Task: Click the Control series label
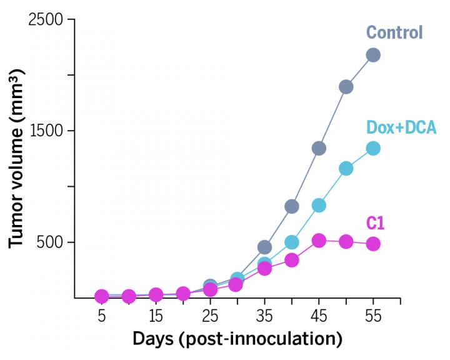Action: click(394, 32)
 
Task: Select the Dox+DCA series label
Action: click(401, 128)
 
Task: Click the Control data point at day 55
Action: click(373, 55)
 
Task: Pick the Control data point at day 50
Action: click(346, 87)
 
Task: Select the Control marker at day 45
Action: click(319, 148)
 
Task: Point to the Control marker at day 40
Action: click(291, 206)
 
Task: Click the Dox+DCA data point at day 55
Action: click(373, 148)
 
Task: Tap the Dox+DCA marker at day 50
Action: click(346, 169)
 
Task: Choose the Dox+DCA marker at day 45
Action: click(319, 205)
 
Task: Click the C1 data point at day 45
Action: click(319, 241)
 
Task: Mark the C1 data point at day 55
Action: click(373, 244)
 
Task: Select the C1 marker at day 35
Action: click(264, 268)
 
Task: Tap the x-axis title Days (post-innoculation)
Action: click(237, 340)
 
